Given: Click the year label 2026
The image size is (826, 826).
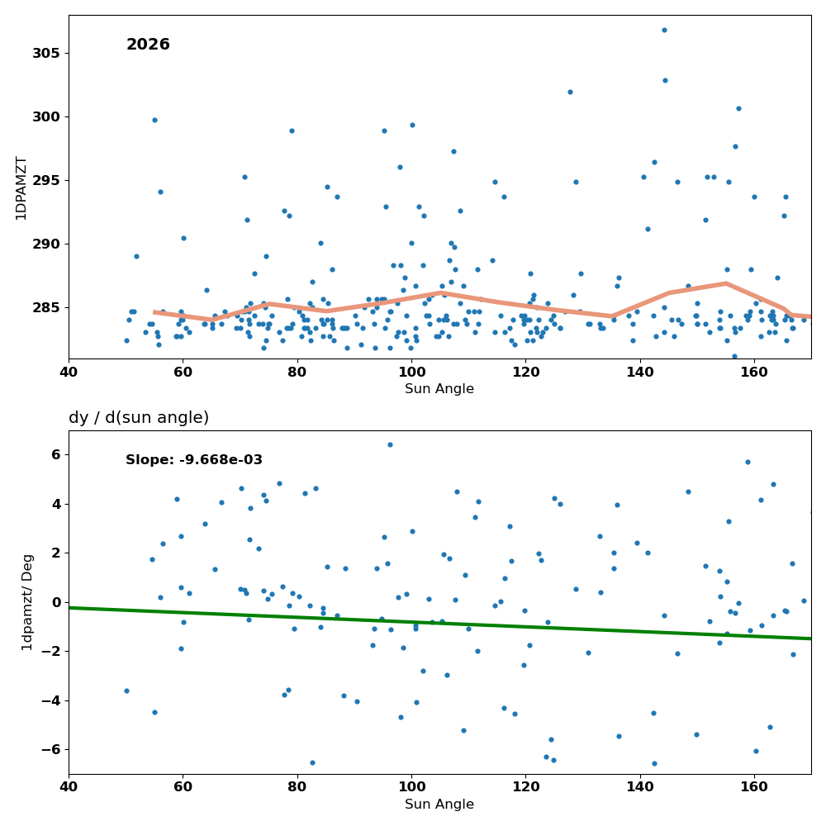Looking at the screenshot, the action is (x=148, y=45).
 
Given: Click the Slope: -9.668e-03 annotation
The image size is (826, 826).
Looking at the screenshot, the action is (x=194, y=460).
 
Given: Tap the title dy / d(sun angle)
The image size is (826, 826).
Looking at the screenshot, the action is (x=139, y=418).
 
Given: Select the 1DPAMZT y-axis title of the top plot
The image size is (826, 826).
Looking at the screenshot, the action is (x=21, y=188).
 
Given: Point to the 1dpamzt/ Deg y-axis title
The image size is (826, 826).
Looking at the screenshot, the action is (x=27, y=603).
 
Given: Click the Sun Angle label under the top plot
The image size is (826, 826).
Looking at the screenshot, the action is (x=439, y=389).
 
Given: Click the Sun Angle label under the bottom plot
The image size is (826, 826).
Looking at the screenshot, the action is (x=439, y=805).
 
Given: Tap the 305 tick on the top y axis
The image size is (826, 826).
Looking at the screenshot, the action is (x=46, y=53).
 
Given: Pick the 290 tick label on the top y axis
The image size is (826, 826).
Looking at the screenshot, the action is (x=46, y=244).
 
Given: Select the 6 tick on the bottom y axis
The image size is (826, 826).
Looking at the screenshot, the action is (x=56, y=454).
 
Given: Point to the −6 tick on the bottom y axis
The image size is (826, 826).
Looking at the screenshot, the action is (x=51, y=750).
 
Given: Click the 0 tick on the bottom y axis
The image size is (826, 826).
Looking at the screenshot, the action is (x=56, y=602).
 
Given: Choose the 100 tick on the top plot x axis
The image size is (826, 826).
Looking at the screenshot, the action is (x=411, y=373).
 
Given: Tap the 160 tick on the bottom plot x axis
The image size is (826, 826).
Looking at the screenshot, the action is (x=754, y=787).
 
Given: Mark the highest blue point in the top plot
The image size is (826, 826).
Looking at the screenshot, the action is (x=664, y=30).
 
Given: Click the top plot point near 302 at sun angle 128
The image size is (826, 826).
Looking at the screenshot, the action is (x=570, y=93).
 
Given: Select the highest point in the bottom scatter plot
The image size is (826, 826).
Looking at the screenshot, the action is (x=390, y=444).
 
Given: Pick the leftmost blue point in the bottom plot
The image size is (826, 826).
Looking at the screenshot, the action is (x=126, y=691).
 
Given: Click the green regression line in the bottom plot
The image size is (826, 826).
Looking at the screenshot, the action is (x=440, y=623).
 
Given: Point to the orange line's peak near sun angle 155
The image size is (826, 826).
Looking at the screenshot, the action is (x=726, y=283).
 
